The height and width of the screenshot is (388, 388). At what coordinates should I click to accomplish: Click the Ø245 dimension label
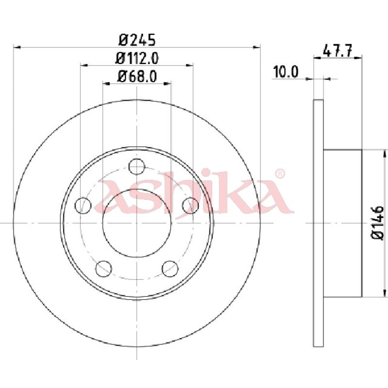137,40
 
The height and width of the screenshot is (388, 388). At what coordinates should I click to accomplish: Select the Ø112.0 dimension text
137,59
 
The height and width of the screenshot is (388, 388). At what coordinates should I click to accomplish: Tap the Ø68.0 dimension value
137,77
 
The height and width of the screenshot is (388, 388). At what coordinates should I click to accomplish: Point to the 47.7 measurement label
338,51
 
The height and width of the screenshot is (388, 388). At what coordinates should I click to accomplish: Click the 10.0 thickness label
286,72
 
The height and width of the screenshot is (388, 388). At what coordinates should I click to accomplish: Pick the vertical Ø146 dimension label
377,223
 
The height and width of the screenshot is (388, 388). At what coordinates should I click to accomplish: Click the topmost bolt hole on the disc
137,166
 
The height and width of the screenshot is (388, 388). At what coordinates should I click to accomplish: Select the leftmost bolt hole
83,205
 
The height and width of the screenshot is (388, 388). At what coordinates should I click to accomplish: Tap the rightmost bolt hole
191,205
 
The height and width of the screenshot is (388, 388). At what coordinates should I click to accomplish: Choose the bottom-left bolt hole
104,269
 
